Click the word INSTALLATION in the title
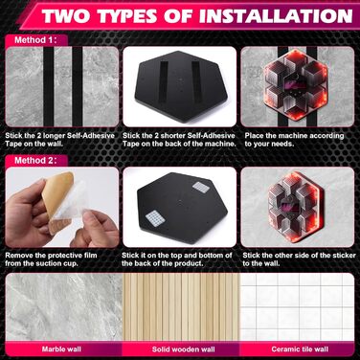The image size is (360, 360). (276, 15)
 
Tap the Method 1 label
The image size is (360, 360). (35, 40)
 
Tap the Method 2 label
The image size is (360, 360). (35, 160)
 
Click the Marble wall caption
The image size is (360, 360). (61, 349)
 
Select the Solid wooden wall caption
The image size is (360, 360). (183, 349)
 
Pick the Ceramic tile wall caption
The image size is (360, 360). (300, 349)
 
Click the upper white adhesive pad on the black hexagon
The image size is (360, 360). (201, 188)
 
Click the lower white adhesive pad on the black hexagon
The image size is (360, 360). (155, 218)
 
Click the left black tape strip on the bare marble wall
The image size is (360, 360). (49, 86)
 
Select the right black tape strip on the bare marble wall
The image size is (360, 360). (78, 86)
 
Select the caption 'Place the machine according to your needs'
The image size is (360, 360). (294, 140)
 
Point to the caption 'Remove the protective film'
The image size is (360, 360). (51, 256)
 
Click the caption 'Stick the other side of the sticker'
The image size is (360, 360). (299, 256)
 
